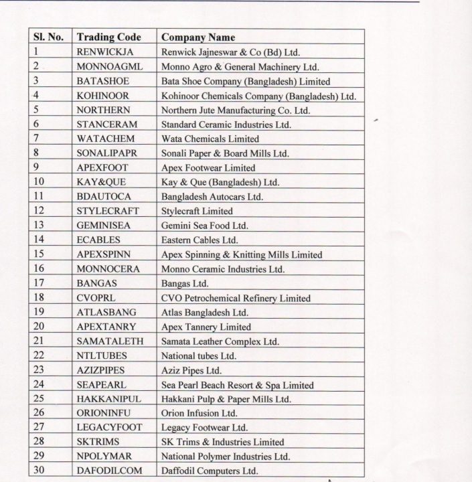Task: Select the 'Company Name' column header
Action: [198, 37]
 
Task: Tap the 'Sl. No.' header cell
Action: [48, 37]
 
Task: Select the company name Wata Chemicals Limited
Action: [210, 139]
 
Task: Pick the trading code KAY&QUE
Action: [101, 182]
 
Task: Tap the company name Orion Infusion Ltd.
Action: [199, 413]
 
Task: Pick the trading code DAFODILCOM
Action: [109, 471]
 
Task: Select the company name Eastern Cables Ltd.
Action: [199, 240]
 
